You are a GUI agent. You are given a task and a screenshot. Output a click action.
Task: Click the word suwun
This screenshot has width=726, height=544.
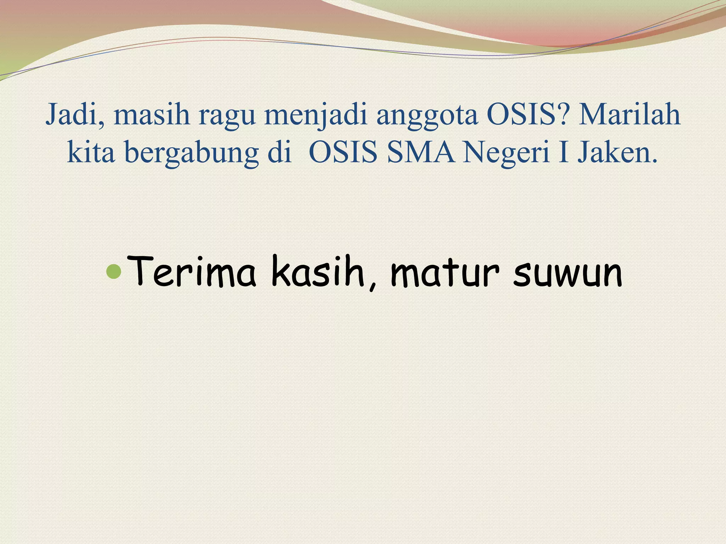pyautogui.click(x=567, y=274)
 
